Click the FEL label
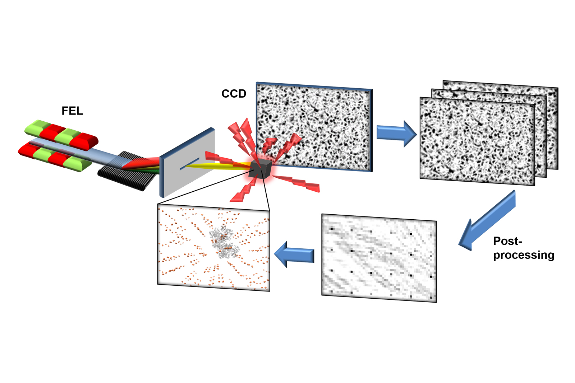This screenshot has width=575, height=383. [72, 111]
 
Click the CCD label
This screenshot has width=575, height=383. [234, 94]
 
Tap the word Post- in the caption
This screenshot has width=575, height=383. [507, 241]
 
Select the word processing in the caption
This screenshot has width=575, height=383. [524, 255]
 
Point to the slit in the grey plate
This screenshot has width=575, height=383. [189, 163]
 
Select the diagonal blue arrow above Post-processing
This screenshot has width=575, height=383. [487, 220]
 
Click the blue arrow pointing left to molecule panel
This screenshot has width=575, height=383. [294, 254]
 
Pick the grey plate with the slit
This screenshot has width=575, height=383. [187, 163]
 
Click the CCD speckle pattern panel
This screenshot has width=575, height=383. [314, 127]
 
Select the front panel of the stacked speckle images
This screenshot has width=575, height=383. [477, 141]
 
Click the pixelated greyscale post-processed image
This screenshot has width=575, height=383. [379, 258]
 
